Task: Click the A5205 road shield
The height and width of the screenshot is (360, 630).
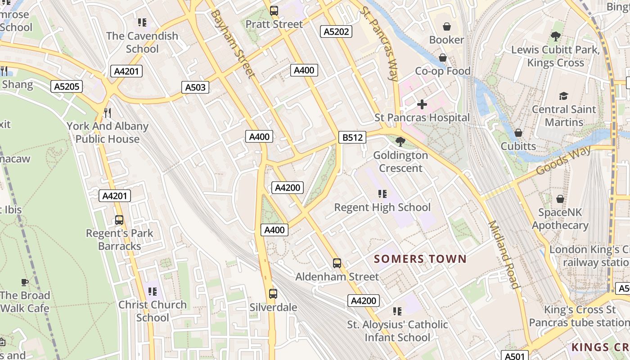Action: click(67, 87)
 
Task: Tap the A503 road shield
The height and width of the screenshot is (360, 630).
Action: click(195, 87)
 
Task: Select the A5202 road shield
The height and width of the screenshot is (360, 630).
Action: click(336, 31)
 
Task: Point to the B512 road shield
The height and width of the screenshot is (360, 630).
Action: click(352, 138)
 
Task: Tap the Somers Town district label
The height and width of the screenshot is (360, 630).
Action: click(420, 259)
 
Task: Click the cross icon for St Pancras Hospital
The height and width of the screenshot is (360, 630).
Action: click(422, 105)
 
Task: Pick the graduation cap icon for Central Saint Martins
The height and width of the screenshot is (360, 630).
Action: click(563, 96)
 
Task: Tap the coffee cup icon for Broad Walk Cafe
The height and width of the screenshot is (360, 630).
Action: click(25, 282)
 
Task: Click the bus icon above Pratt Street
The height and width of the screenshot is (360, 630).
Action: click(274, 11)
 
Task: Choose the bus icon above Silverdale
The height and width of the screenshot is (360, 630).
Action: click(273, 294)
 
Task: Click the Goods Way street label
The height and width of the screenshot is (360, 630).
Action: click(564, 161)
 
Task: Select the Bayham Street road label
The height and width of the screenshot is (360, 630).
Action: click(232, 44)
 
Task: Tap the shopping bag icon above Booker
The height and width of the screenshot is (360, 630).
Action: click(446, 27)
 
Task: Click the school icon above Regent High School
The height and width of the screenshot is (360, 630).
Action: click(382, 194)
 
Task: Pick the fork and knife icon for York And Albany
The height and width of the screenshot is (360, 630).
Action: click(107, 112)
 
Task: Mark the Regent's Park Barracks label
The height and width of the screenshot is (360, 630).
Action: click(120, 239)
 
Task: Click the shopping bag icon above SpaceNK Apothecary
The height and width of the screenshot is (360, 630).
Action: click(560, 198)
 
